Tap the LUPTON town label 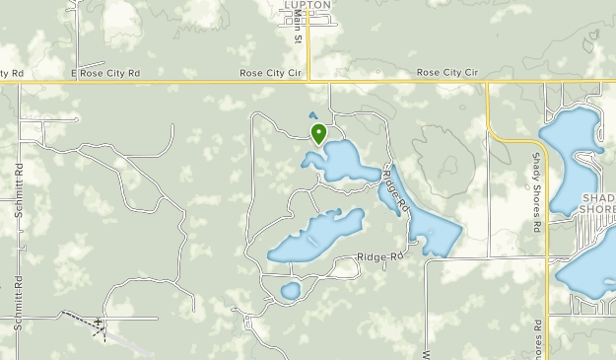(x=307, y=5)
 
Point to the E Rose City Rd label (x=105, y=73)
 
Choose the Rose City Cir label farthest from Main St (x=446, y=73)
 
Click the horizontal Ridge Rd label (x=381, y=257)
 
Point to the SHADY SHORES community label (x=598, y=202)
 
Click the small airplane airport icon (x=99, y=323)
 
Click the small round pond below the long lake (x=290, y=291)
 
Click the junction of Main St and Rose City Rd (x=308, y=81)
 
